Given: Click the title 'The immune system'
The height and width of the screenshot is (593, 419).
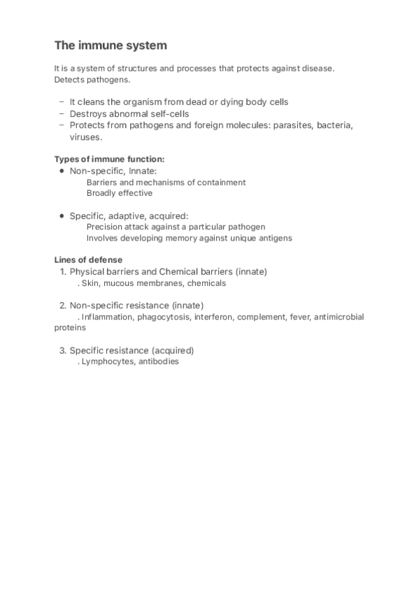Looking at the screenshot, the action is (x=111, y=46).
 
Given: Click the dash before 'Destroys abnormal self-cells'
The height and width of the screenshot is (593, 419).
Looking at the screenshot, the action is (x=62, y=113).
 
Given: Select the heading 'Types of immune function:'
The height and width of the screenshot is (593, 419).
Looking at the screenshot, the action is (x=109, y=159).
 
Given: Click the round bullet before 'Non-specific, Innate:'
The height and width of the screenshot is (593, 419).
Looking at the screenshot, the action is (x=62, y=171).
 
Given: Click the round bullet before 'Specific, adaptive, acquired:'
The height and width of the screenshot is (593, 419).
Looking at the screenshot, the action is (x=62, y=215).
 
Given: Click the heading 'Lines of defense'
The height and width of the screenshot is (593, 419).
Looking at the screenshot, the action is (x=88, y=260).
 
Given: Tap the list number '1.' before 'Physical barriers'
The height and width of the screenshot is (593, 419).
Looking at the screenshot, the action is (x=62, y=271).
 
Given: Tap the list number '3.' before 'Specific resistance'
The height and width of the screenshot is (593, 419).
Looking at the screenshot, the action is (x=62, y=350).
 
